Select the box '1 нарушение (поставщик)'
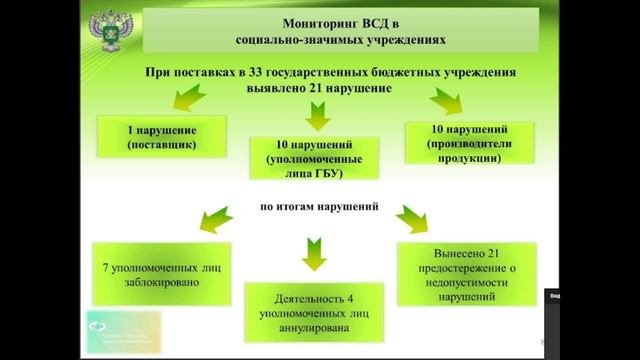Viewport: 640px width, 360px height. (x=161, y=136)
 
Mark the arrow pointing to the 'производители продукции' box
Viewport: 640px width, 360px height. (x=444, y=99)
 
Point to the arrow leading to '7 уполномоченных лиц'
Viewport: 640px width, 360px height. (x=218, y=216)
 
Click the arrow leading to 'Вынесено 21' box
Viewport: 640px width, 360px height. (x=409, y=216)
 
